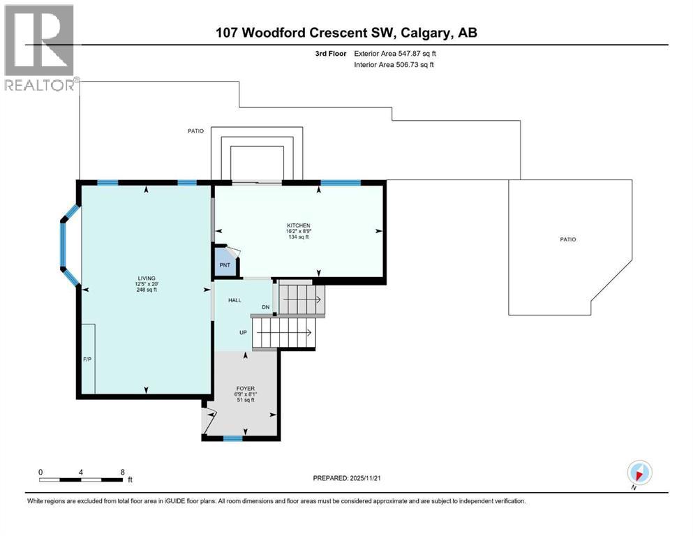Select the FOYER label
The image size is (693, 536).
pos(244,388)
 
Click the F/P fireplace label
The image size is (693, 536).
pos(87,359)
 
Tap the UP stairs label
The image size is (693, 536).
pos(244,332)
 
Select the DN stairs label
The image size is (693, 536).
pos(265,307)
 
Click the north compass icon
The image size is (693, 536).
pos(639,472)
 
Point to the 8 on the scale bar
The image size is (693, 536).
pos(123,472)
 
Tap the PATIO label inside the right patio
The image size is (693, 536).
pos(567,239)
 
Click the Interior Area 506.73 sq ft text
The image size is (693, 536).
pos(394,65)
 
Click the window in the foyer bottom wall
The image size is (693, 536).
pos(233,438)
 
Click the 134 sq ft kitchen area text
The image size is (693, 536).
pos(298,237)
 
